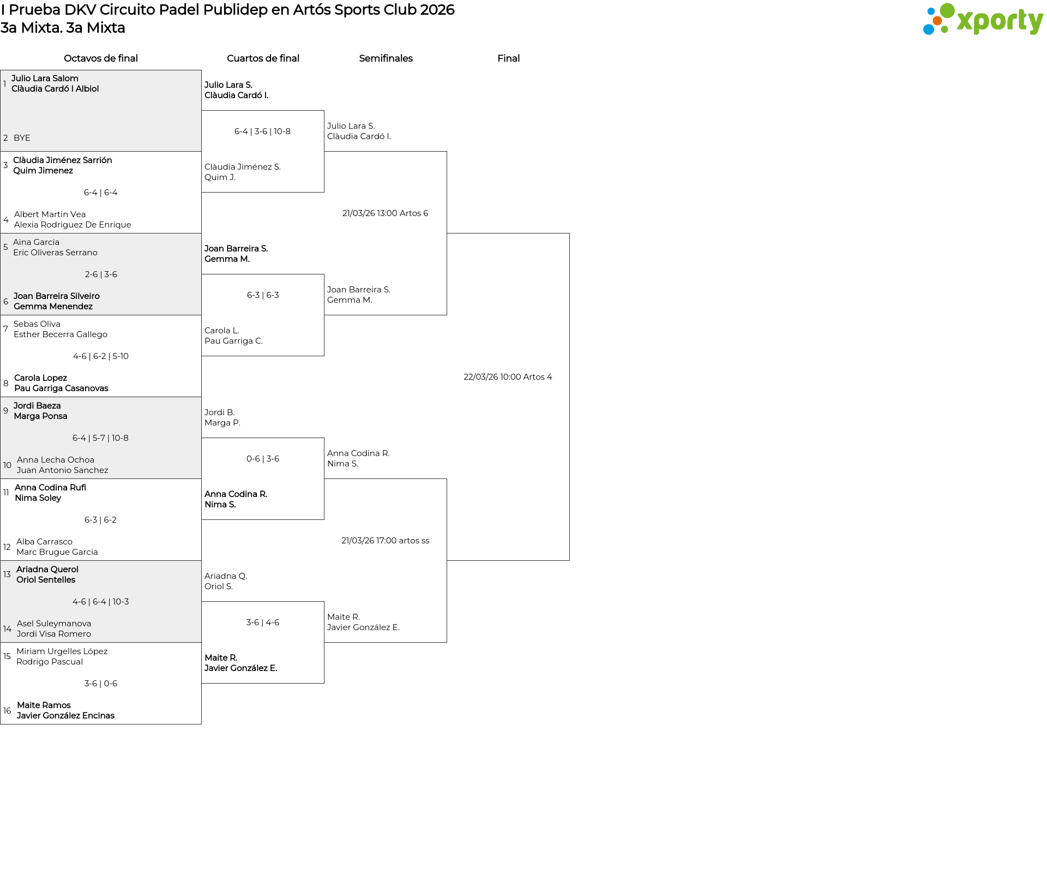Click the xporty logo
tap(983, 20)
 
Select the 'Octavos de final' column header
tap(101, 58)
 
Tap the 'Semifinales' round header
tap(386, 58)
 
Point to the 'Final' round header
tap(508, 58)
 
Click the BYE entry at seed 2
tap(22, 138)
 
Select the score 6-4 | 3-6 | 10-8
tap(262, 131)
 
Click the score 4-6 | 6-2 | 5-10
tap(101, 356)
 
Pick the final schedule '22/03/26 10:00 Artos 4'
tap(508, 377)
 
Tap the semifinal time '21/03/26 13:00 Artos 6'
tap(385, 213)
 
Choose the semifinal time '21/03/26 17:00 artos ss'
tap(385, 541)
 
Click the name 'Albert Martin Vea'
tap(50, 214)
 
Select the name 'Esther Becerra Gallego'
tap(61, 334)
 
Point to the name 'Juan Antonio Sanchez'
tap(62, 470)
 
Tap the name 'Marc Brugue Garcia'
tap(57, 552)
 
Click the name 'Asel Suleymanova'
tap(54, 624)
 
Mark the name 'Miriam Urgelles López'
tap(62, 651)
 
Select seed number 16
tap(7, 711)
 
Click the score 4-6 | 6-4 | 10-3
tap(101, 602)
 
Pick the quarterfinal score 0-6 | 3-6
tap(263, 459)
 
